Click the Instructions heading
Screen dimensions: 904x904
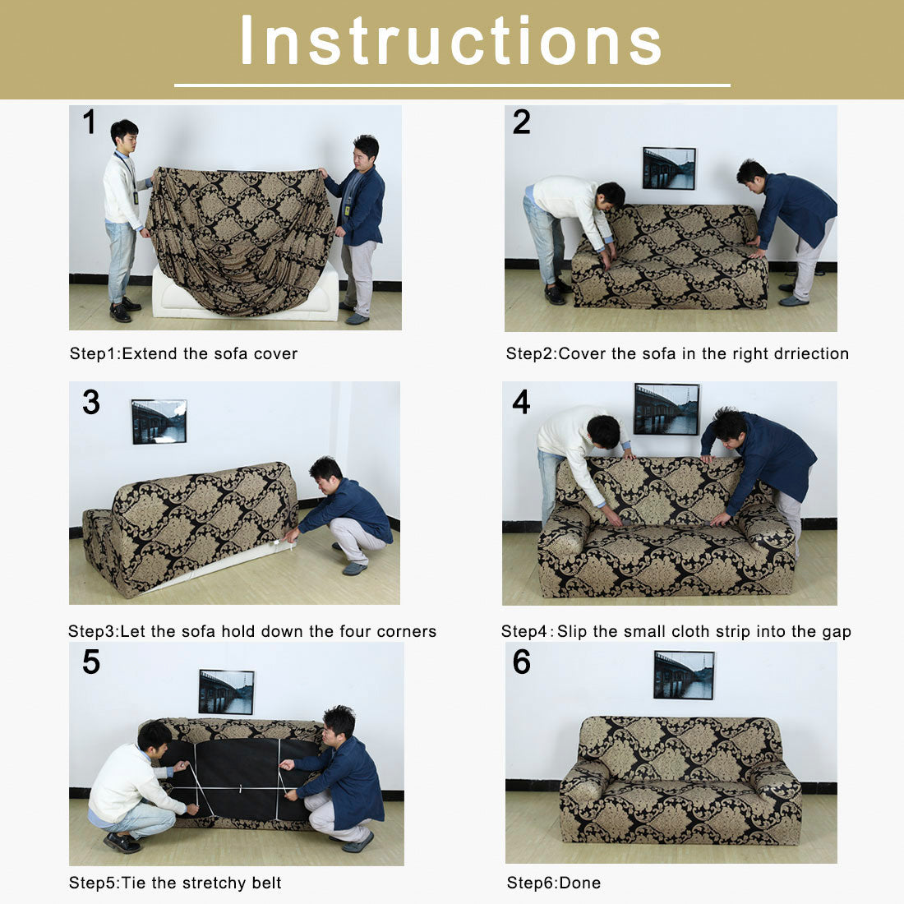[451, 41]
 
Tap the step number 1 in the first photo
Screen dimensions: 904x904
[89, 122]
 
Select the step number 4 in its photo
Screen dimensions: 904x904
[521, 402]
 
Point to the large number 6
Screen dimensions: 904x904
[522, 662]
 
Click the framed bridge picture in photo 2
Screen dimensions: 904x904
[669, 168]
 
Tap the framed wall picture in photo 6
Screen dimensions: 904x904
[684, 675]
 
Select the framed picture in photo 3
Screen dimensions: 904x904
[159, 422]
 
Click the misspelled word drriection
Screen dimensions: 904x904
[811, 354]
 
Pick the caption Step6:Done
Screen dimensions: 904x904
[553, 883]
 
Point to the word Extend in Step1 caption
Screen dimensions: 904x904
[150, 354]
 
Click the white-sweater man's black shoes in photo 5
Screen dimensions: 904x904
[122, 842]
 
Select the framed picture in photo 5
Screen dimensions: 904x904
[226, 692]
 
